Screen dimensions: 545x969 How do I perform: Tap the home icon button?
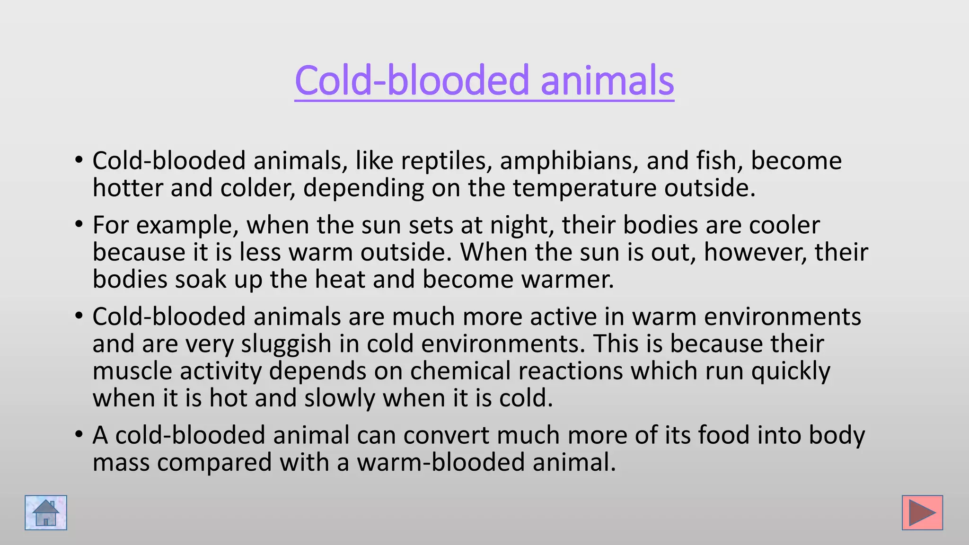tap(46, 513)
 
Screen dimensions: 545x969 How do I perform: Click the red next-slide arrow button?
tap(922, 513)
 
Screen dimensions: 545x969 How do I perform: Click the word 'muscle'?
tap(132, 371)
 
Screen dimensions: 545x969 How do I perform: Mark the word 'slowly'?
tap(339, 398)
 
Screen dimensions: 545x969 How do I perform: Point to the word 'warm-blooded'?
tap(441, 462)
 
